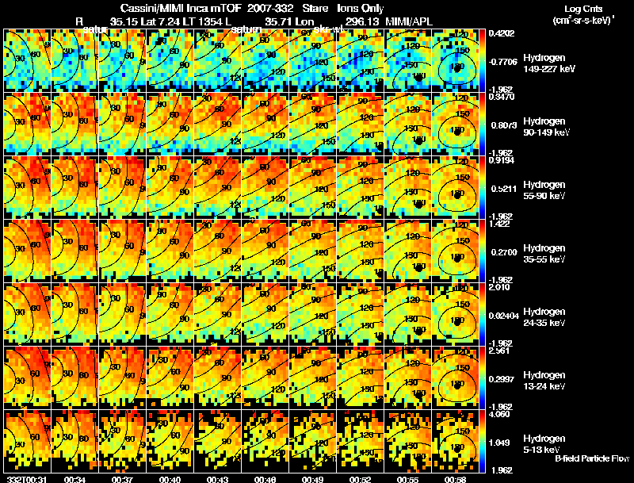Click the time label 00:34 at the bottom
click(x=75, y=479)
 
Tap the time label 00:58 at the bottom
click(x=456, y=479)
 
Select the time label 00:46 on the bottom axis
click(x=265, y=479)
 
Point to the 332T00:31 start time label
click(x=25, y=479)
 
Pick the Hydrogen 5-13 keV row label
click(x=544, y=443)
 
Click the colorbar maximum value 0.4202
click(x=502, y=34)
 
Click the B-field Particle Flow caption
click(x=591, y=458)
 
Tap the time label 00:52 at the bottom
click(x=361, y=479)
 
